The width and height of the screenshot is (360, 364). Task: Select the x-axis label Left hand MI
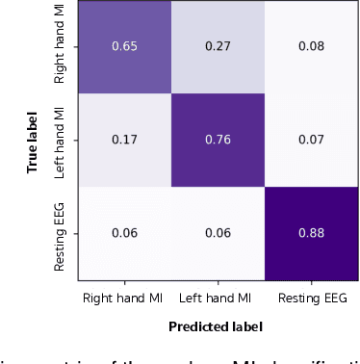point(218,300)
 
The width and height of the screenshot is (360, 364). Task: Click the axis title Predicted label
point(218,325)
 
